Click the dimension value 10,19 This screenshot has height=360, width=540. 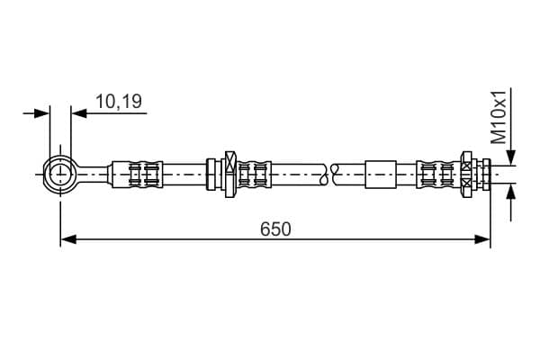pos(119,102)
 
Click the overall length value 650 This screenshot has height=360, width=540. pos(275,229)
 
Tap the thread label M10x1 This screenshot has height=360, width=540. pos(499,117)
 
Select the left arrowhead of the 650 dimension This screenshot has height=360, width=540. pos(68,239)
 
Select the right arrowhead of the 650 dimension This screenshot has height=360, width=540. pos(482,239)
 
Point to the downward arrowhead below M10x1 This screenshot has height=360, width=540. pos(511,157)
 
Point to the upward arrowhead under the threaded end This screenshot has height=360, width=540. pos(511,193)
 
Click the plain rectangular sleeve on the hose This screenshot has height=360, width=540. pos(381,175)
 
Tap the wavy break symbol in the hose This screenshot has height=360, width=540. pos(329,175)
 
